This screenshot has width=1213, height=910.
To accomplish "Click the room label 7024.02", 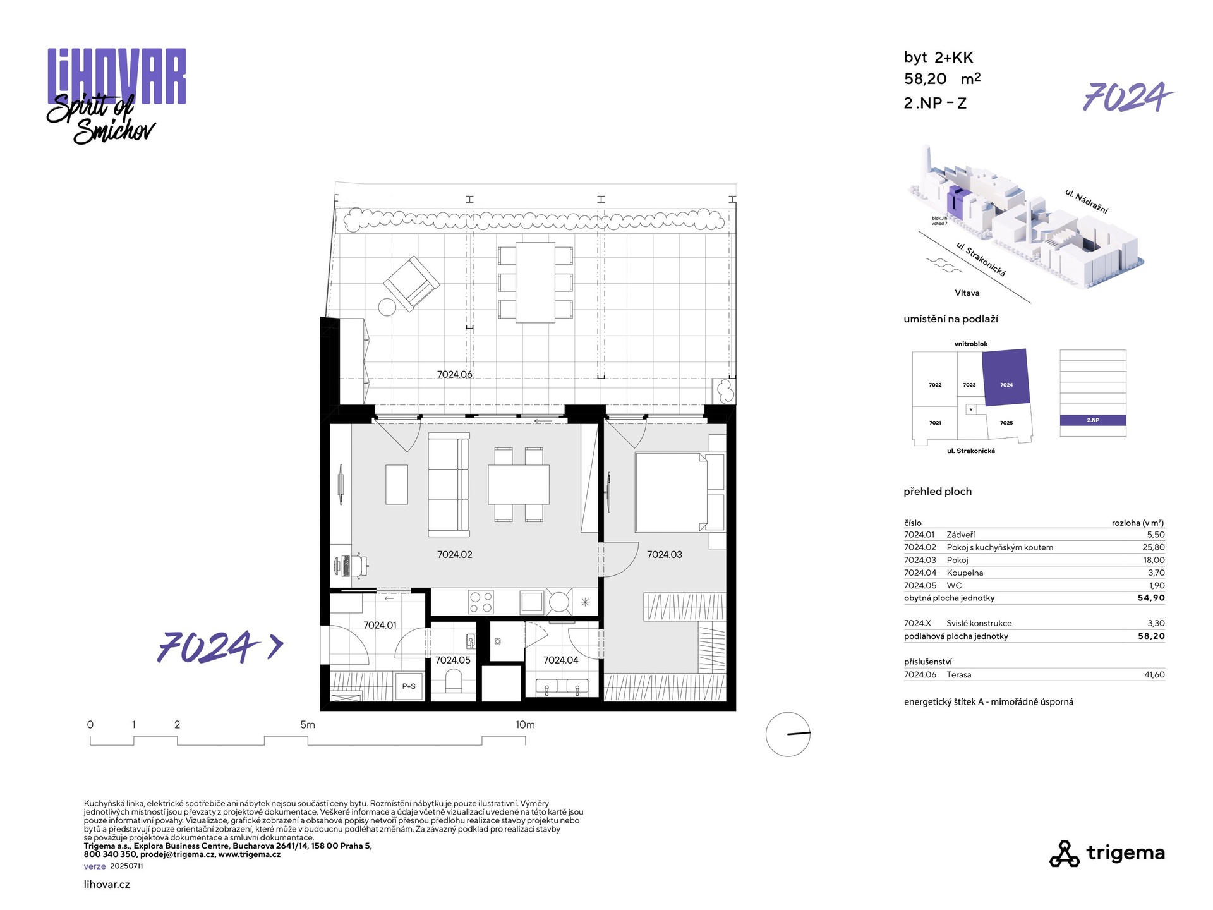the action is tap(455, 555).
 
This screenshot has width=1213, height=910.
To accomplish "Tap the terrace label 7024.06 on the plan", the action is tap(455, 375).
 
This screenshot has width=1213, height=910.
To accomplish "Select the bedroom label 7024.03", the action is tap(665, 555).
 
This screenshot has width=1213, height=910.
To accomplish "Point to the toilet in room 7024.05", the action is tap(454, 681).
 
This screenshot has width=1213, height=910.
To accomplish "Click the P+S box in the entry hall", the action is tap(409, 686).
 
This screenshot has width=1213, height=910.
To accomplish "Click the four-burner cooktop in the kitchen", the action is tap(481, 602).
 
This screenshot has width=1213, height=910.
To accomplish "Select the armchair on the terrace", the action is tap(411, 283).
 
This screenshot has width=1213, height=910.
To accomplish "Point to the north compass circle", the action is tap(788, 734).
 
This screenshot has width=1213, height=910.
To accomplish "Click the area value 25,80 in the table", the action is tap(1154, 547).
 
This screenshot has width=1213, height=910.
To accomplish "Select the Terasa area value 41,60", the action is tap(1154, 675).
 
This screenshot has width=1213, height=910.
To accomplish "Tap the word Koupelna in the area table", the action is tap(965, 573).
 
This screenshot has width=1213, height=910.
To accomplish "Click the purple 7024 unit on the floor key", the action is tap(1006, 377).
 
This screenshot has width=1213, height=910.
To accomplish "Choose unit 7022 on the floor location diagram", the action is tap(935, 385).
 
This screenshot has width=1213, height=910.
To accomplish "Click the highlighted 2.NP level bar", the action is tap(1093, 420).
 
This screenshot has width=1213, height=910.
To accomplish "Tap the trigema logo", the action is tap(1107, 853).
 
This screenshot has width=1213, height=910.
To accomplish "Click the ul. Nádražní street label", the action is tap(1087, 201).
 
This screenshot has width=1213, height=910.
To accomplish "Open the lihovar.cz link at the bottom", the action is tap(107, 885).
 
